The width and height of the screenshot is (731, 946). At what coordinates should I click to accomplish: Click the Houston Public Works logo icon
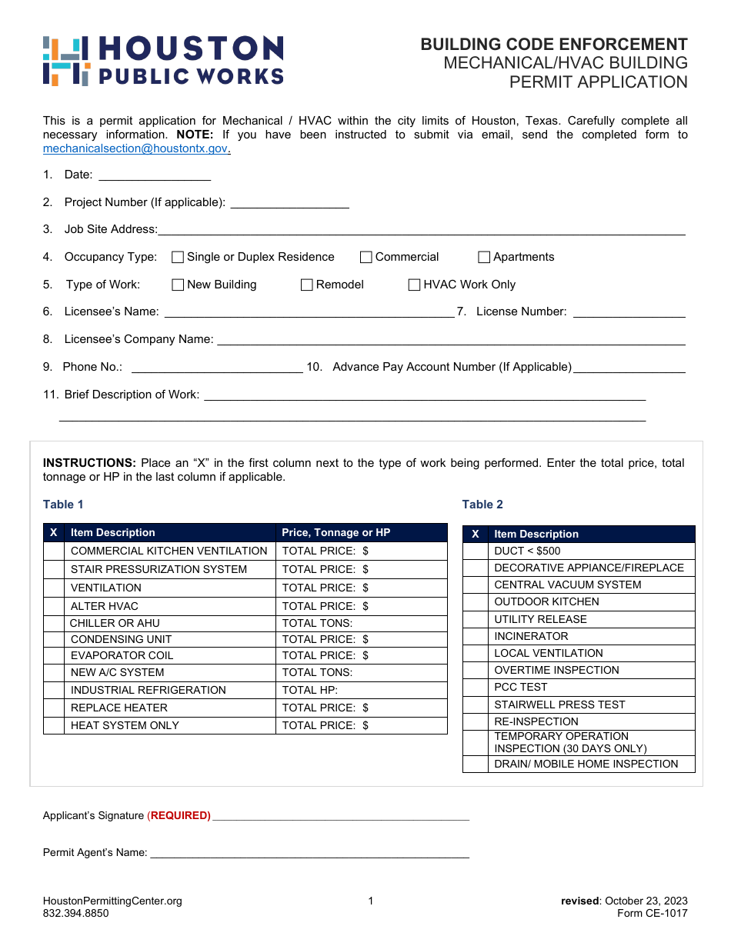click(66, 61)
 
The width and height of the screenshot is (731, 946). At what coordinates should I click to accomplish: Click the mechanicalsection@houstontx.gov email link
click(135, 148)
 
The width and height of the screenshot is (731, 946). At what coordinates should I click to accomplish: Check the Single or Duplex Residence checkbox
click(178, 258)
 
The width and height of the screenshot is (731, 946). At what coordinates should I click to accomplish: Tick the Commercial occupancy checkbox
click(366, 258)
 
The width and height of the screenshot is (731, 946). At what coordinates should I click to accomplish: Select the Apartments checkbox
click(484, 258)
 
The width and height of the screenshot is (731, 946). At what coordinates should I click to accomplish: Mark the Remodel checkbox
click(307, 285)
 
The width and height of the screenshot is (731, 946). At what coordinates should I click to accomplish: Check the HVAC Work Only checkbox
click(414, 285)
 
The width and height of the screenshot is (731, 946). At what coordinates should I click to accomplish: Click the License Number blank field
click(629, 311)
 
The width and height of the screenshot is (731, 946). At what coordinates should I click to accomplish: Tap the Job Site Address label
click(110, 229)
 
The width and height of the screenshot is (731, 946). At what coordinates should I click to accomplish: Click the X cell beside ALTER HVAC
click(54, 606)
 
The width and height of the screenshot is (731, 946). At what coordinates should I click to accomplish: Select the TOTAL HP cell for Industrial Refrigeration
click(361, 690)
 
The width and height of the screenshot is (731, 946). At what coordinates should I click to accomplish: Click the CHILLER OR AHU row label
click(115, 623)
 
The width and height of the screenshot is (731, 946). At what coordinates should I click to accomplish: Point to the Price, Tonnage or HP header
click(335, 532)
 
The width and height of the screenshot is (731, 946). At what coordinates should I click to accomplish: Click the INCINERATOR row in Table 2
click(531, 636)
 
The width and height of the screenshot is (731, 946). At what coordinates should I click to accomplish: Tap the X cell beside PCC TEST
click(476, 687)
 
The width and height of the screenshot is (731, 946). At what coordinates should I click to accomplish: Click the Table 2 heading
click(482, 505)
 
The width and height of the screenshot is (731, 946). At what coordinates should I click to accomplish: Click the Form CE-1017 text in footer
click(652, 914)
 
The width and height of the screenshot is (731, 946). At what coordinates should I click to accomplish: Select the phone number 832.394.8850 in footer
click(76, 914)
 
